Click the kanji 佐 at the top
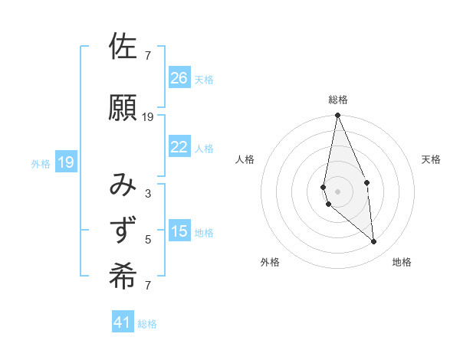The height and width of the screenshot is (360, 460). [123, 47]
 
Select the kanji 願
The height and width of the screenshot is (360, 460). [123, 108]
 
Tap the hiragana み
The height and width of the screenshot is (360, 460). [123, 186]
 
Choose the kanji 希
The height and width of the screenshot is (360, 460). [123, 277]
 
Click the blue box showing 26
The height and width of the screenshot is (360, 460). [179, 77]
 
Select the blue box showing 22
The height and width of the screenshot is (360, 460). [179, 147]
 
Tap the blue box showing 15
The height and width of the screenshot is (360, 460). [179, 231]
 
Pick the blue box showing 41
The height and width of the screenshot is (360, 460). [123, 322]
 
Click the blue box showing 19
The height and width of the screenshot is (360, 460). [66, 162]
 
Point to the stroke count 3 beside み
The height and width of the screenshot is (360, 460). [148, 194]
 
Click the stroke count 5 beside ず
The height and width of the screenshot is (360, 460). [148, 240]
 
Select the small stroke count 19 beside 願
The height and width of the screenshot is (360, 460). [148, 116]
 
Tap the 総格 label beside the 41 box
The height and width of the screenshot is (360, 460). [147, 324]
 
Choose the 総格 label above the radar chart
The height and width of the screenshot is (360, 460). [337, 100]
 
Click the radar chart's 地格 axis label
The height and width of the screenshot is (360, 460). [402, 262]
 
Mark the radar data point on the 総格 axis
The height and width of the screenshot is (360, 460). [337, 116]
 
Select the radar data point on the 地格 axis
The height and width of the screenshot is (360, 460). [374, 242]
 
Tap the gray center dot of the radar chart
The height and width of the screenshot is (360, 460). [337, 191]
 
